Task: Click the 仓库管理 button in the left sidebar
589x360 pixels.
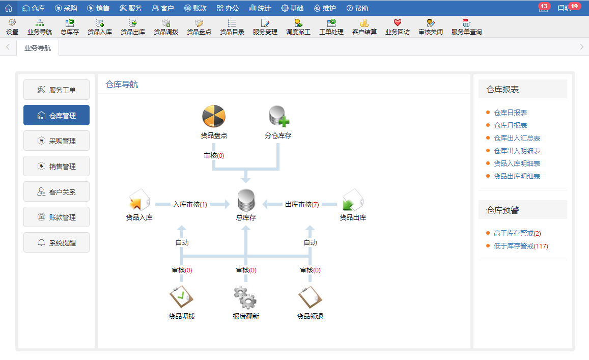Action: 57,115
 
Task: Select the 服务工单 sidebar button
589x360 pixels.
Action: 57,90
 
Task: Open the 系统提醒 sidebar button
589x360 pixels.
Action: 57,242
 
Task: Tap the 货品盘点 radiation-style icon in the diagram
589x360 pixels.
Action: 214,117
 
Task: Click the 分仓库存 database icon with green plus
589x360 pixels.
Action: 278,117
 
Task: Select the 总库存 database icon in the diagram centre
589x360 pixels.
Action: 246,200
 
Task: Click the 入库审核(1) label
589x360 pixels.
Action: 190,204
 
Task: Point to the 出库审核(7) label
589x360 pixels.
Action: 302,204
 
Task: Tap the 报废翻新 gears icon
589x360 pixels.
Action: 246,297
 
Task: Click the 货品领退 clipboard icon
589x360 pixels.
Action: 310,297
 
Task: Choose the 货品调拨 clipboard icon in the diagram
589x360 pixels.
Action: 182,297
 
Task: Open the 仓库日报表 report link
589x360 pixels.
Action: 510,113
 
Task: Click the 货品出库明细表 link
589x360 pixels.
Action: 517,176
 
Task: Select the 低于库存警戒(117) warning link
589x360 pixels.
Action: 520,246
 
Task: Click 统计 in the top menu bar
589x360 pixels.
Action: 260,8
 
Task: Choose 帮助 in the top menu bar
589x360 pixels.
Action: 357,8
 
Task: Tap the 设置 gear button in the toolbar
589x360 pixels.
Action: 12,26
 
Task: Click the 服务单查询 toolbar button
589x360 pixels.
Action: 466,26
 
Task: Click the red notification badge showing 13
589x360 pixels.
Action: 544,7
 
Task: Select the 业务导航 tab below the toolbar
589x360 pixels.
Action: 38,48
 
